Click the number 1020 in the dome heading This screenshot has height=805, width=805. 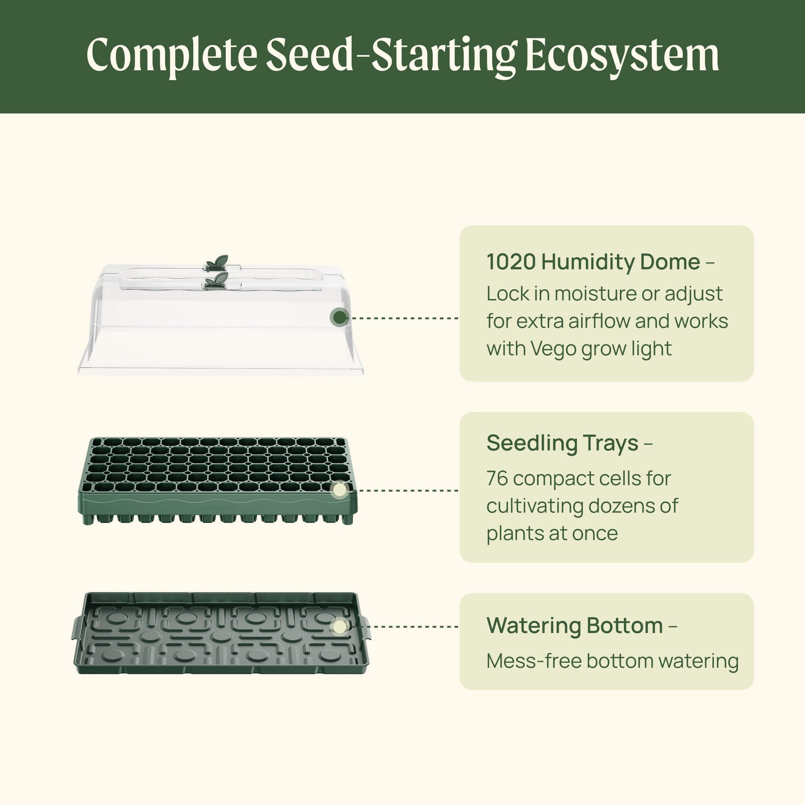pos(511,262)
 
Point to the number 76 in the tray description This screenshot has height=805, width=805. pos(497,479)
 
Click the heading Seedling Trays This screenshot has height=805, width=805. pos(562,443)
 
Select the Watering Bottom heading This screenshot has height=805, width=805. pos(575,625)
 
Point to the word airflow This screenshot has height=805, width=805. pos(598,321)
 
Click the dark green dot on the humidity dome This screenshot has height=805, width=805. pos(340,318)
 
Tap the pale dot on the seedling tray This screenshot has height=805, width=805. pos(340,490)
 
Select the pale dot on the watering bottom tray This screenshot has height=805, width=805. pos(340,627)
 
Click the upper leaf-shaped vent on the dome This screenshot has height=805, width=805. pos(217,263)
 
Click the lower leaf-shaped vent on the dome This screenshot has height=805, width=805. pos(217,281)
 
